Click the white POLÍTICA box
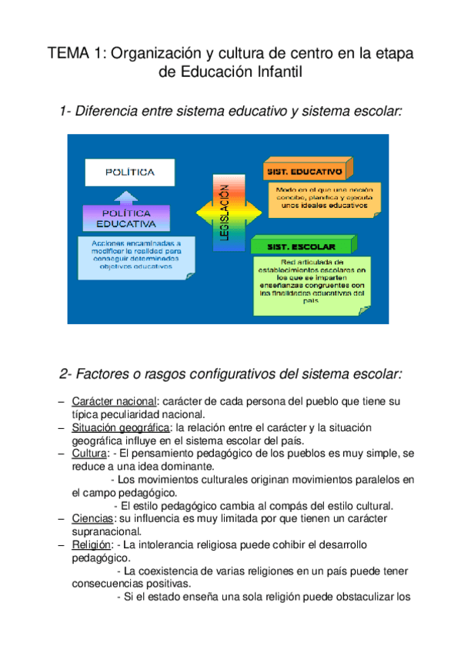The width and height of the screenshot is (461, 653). [130, 172]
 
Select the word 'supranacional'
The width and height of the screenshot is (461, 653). [106, 531]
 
